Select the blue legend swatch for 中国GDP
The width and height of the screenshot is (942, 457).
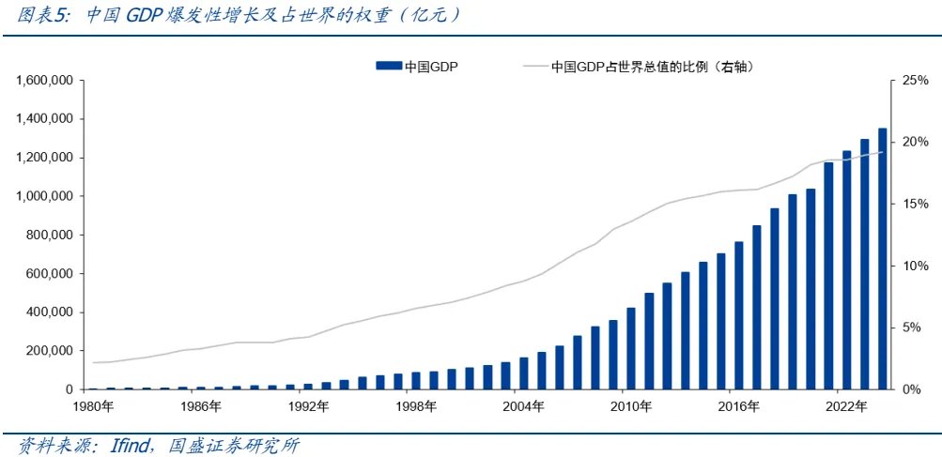tap(388, 67)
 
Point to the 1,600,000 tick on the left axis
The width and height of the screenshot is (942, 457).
tap(45, 81)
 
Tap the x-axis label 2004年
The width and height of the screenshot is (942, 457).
tap(523, 406)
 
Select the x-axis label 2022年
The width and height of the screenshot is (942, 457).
tap(846, 406)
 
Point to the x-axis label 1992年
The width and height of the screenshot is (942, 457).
tap(308, 406)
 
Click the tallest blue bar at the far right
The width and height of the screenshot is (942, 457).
tap(882, 259)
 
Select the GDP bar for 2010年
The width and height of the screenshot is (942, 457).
tap(631, 348)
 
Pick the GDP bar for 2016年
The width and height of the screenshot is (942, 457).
tap(739, 315)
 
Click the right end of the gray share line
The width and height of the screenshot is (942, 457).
tap(882, 152)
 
